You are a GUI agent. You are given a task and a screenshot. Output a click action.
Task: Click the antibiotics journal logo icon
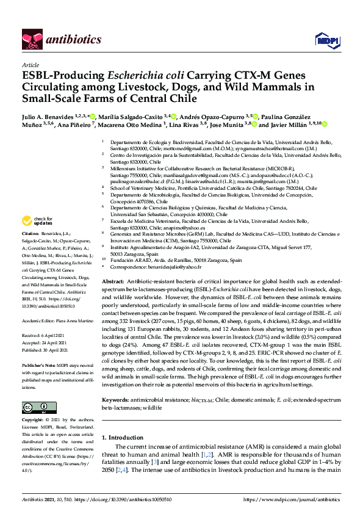click(x=31, y=39)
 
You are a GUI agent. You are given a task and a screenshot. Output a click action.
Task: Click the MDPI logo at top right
click(x=324, y=40)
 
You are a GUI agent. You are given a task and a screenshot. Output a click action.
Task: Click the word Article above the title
click(x=30, y=64)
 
